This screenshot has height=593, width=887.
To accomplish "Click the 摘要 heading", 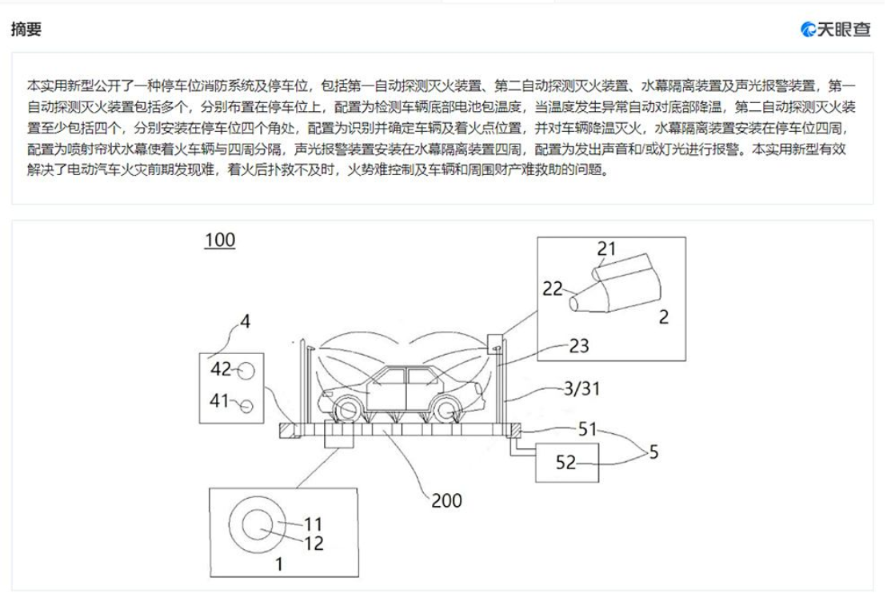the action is pos(26,29).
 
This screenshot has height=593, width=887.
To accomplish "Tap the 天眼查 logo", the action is pos(836,29).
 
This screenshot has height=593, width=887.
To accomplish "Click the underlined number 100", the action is pos(220,241).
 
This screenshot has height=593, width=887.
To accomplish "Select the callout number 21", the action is pos(605,249).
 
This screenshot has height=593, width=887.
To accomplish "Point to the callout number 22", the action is pos(553,289).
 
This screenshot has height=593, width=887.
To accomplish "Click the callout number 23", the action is pos(579,345).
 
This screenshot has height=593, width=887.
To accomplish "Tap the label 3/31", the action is pos(582,388).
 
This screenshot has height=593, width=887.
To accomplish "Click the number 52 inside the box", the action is pos(565,463).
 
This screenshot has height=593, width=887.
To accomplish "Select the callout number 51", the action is pos(587,429).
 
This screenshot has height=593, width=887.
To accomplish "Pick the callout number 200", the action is pos(447,500).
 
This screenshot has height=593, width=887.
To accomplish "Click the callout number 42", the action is pos(221,369).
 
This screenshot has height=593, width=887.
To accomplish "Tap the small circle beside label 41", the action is pos(246,405).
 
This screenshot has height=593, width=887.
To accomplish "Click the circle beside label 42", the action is pos(246,371).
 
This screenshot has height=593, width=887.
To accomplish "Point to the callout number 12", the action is pos(314,543).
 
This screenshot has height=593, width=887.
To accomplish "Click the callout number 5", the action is pos(653,452).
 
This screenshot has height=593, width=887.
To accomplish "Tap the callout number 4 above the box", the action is pos(245,321).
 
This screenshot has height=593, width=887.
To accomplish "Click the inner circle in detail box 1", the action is pos(258,524).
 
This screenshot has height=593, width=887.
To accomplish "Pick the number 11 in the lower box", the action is pos(313,524).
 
